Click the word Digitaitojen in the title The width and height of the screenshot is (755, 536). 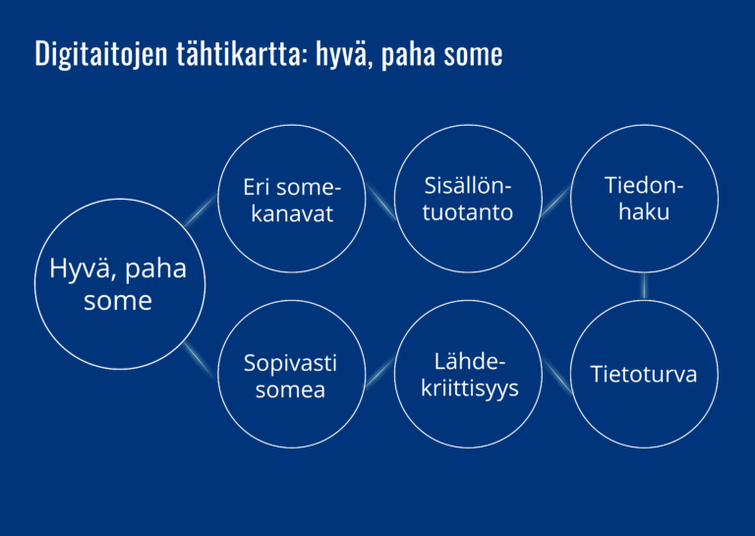(101, 54)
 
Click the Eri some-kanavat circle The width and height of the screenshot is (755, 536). (292, 125)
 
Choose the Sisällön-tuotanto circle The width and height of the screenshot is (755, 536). (468, 125)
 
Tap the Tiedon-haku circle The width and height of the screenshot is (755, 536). (644, 125)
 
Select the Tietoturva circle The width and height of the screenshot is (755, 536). (644, 301)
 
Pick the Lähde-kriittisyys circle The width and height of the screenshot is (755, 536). (468, 301)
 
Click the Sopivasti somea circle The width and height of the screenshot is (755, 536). (292, 301)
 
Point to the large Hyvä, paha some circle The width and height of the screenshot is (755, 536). (120, 199)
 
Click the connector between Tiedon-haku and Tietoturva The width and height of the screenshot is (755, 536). (644, 286)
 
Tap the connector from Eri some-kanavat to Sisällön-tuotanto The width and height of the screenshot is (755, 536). (380, 202)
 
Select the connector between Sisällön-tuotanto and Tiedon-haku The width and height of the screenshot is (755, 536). (555, 202)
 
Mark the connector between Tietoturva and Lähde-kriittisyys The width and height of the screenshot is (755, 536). (557, 377)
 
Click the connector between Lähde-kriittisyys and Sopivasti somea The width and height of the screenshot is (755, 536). (379, 373)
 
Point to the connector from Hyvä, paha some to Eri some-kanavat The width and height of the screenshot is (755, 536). (200, 209)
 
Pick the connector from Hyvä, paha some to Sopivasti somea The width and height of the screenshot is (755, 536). (200, 360)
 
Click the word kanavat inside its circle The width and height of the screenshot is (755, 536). (292, 213)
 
